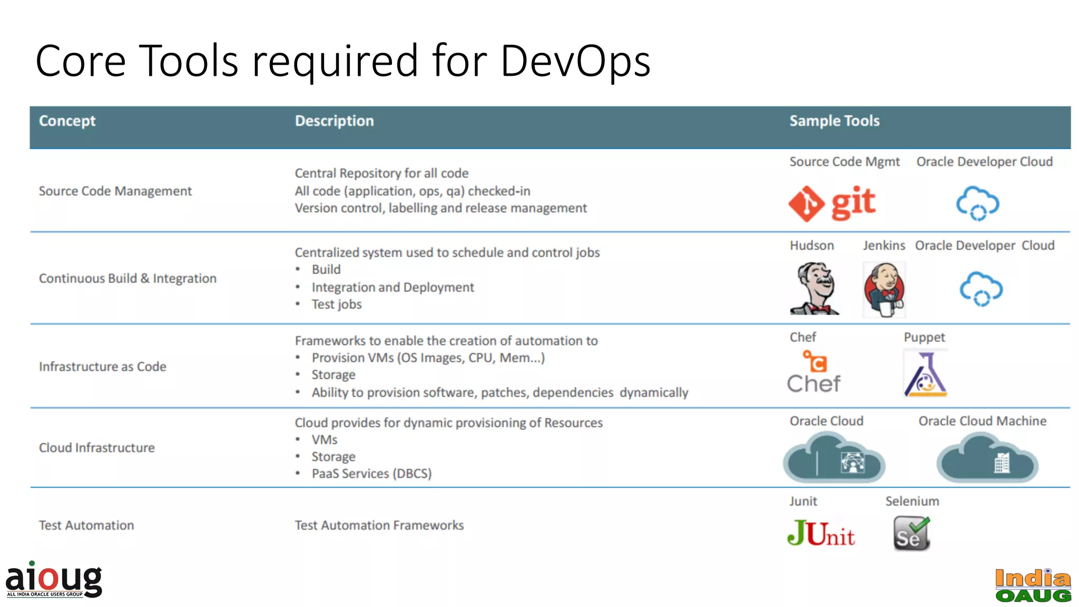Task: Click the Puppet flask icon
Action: [x=926, y=374]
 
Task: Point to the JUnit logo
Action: [x=820, y=533]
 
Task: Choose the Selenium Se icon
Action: [x=911, y=533]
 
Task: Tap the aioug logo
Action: [x=54, y=580]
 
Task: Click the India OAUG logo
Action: [x=1033, y=585]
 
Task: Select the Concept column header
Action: [x=67, y=121]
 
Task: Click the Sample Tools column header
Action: [x=834, y=121]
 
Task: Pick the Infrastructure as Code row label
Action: [x=103, y=366]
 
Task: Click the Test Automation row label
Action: [x=86, y=525]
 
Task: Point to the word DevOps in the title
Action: [x=575, y=61]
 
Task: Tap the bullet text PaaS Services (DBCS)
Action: [x=371, y=474]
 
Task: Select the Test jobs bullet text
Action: [x=337, y=305]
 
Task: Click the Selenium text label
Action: [x=912, y=501]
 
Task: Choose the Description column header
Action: [x=334, y=121]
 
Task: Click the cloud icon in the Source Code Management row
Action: [x=977, y=203]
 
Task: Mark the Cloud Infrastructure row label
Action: [x=97, y=448]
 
